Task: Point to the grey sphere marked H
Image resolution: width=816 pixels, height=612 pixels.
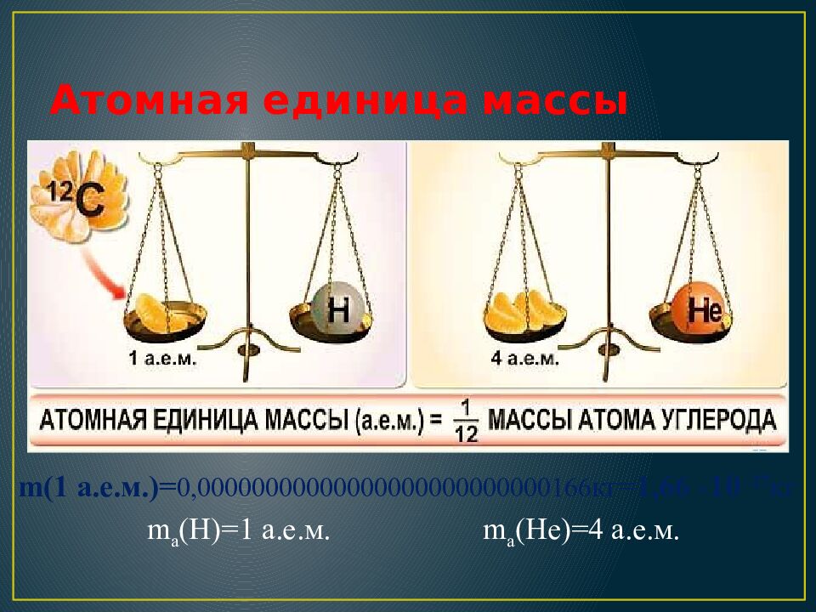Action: pyautogui.click(x=337, y=309)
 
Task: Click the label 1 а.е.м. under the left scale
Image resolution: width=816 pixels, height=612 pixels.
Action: pyautogui.click(x=164, y=359)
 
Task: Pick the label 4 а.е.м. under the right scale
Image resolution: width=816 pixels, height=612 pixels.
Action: pyautogui.click(x=526, y=359)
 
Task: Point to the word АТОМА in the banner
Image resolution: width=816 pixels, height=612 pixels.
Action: pyautogui.click(x=611, y=421)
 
